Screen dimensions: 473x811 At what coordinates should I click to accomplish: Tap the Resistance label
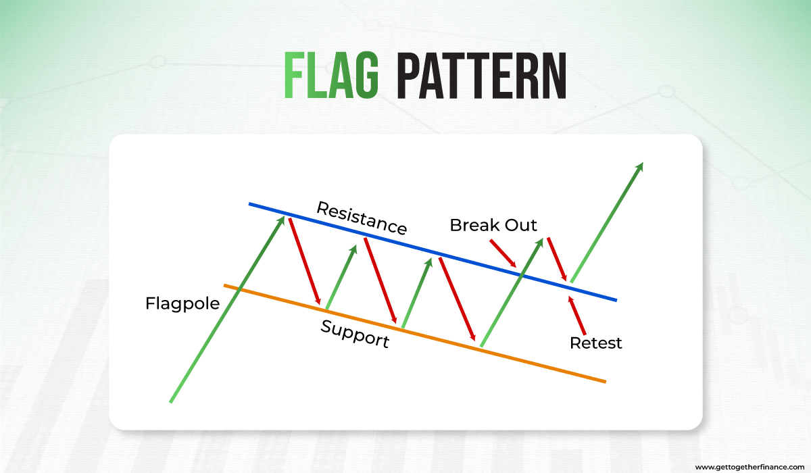click(x=362, y=218)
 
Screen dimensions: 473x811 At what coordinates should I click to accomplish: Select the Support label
click(x=355, y=333)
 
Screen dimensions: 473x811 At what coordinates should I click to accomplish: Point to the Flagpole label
click(x=182, y=303)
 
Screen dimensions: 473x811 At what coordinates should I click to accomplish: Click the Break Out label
click(x=493, y=225)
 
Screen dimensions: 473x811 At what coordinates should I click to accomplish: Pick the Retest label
click(x=595, y=343)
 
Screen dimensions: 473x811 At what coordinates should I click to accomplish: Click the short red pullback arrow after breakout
click(x=557, y=258)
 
